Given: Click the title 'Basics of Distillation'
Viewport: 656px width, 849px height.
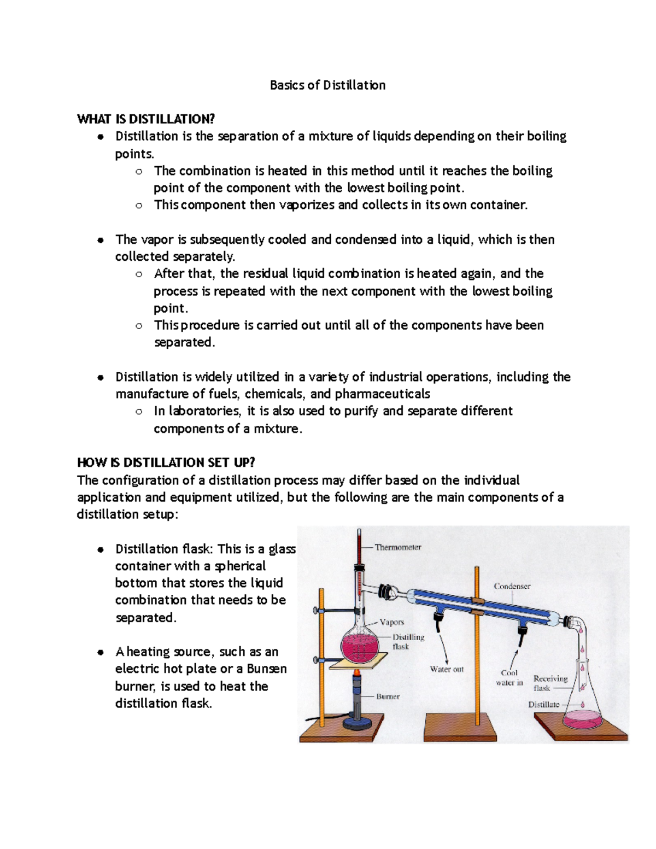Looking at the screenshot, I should (x=327, y=85).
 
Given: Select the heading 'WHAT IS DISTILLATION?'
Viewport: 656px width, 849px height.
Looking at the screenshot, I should (x=146, y=119).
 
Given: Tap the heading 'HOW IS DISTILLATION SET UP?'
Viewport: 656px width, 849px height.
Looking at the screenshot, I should (x=166, y=462).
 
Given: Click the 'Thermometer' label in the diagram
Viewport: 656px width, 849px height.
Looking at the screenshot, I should (x=398, y=547).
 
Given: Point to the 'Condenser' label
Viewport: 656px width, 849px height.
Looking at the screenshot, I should (x=512, y=586).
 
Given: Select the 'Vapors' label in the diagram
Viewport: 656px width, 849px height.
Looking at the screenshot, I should (x=392, y=622).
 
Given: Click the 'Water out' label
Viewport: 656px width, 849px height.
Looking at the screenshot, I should (x=447, y=669).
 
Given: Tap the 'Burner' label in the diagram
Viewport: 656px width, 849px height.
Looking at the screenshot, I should (x=388, y=696).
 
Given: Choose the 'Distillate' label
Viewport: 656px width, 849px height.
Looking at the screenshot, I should (x=543, y=705).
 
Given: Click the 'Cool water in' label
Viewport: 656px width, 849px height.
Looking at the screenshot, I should (x=509, y=678).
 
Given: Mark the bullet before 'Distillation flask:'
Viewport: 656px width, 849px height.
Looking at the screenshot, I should (x=100, y=550).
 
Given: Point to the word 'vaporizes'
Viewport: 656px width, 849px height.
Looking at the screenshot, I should (x=307, y=205).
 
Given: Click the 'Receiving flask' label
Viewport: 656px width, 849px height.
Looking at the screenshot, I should (x=550, y=683).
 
